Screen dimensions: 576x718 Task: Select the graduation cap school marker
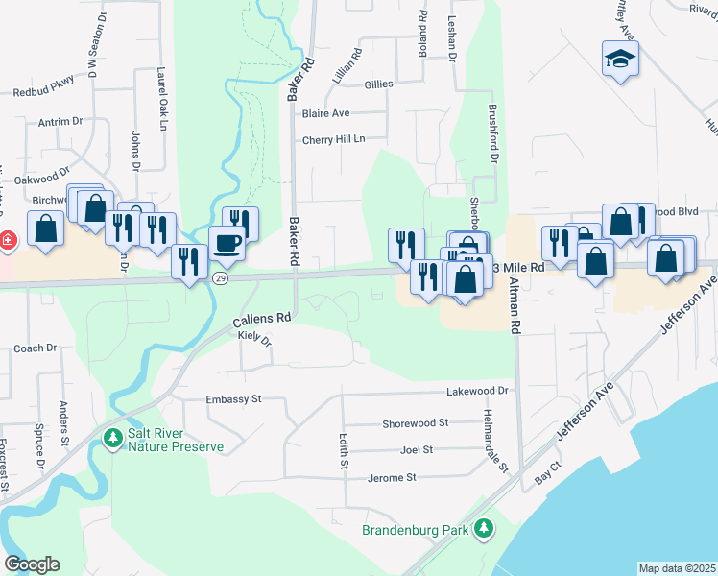[x=619, y=59]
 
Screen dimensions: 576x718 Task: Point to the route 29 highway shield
[x=220, y=278]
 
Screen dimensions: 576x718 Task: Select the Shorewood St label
[x=415, y=422]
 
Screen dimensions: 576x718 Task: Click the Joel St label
[x=416, y=449]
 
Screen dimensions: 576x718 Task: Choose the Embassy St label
[x=232, y=399]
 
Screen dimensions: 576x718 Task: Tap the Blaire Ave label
[x=325, y=113]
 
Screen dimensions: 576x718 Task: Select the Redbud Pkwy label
[x=43, y=93]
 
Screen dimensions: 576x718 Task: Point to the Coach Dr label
[x=36, y=348]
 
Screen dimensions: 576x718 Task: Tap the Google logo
[x=32, y=564]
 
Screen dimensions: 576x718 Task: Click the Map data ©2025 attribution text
[x=677, y=568]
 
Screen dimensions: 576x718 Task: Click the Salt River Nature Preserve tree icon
[x=112, y=438]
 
